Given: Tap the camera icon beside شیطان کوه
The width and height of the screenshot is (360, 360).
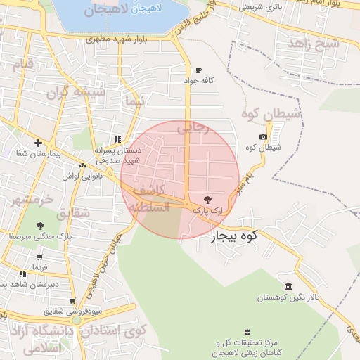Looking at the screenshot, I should pyautogui.click(x=263, y=136).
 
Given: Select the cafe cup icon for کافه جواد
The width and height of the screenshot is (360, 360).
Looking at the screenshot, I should pyautogui.click(x=198, y=70).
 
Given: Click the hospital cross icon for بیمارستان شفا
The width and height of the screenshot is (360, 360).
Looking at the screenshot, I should pyautogui.click(x=39, y=143).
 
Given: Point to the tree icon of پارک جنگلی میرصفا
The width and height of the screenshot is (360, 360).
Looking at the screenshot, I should pyautogui.click(x=39, y=226).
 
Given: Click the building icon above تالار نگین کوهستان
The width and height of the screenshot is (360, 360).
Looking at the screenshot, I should pyautogui.click(x=289, y=286).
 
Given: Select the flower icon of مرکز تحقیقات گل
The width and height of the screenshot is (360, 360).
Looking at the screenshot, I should pyautogui.click(x=247, y=331).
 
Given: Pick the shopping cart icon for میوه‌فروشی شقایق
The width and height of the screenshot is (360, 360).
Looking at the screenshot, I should pyautogui.click(x=72, y=300).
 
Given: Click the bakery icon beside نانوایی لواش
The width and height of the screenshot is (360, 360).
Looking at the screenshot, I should pyautogui.click(x=82, y=166).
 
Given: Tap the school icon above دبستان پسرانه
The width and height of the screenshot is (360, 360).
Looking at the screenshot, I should pyautogui.click(x=117, y=139).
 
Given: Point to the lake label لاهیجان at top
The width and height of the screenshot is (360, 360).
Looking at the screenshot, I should pyautogui.click(x=115, y=9).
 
